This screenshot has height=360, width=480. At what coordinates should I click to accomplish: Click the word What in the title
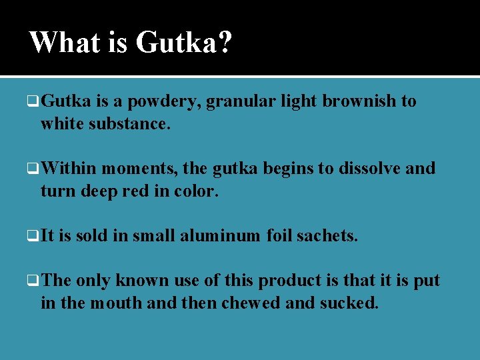[x=64, y=43]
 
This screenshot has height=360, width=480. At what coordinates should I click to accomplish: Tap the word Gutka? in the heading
[x=184, y=43]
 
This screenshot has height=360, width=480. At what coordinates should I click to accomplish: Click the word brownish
[x=358, y=101]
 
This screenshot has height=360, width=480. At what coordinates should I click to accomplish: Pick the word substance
[x=134, y=123]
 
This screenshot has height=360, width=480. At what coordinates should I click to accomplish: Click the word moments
[x=137, y=169]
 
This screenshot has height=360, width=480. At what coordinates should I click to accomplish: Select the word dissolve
[x=369, y=169]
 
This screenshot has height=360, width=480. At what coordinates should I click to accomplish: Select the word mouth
[x=109, y=303]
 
